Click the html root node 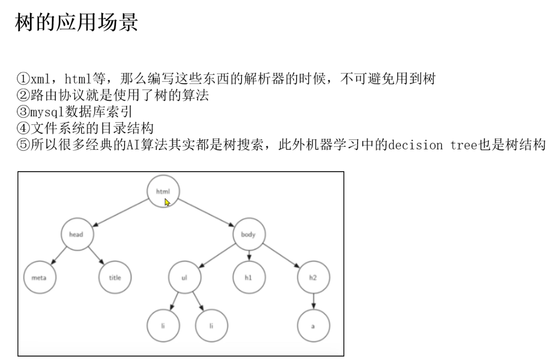[163, 191]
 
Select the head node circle [77, 234]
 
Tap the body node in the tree [249, 234]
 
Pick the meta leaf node [40, 277]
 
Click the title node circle [115, 277]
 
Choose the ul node [185, 277]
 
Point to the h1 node [249, 277]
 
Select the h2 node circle [313, 277]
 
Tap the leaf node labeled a [313, 326]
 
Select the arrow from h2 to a [313, 301]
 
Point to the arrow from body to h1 [249, 255]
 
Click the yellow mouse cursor [167, 202]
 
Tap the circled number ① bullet [23, 78]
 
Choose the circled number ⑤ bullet [23, 145]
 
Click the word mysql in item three [47, 112]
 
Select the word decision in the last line [415, 145]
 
